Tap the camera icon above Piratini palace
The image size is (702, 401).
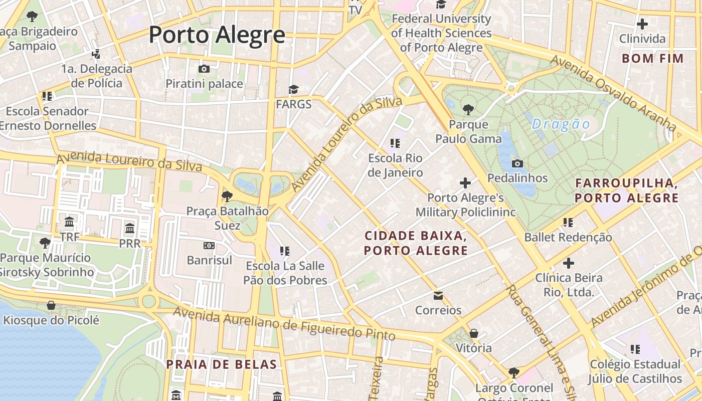[204, 69]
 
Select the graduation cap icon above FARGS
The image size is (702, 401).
[293, 89]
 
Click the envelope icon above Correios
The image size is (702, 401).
[438, 295]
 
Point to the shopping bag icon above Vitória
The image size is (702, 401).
[474, 333]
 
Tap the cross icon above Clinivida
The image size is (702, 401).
[642, 24]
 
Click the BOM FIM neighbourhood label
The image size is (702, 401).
[653, 59]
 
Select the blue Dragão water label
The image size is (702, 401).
[561, 124]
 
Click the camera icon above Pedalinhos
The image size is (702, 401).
[517, 163]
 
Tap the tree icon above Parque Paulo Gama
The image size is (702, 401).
[468, 109]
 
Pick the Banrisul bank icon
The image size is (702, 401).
[209, 246]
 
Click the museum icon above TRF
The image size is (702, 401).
[69, 222]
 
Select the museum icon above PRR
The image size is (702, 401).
[130, 229]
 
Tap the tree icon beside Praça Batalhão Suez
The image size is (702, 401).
[227, 196]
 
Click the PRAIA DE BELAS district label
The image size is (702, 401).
[221, 364]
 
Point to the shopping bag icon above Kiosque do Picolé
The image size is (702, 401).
[51, 305]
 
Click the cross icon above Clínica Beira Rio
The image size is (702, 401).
[568, 263]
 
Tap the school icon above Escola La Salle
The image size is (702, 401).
[285, 251]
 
